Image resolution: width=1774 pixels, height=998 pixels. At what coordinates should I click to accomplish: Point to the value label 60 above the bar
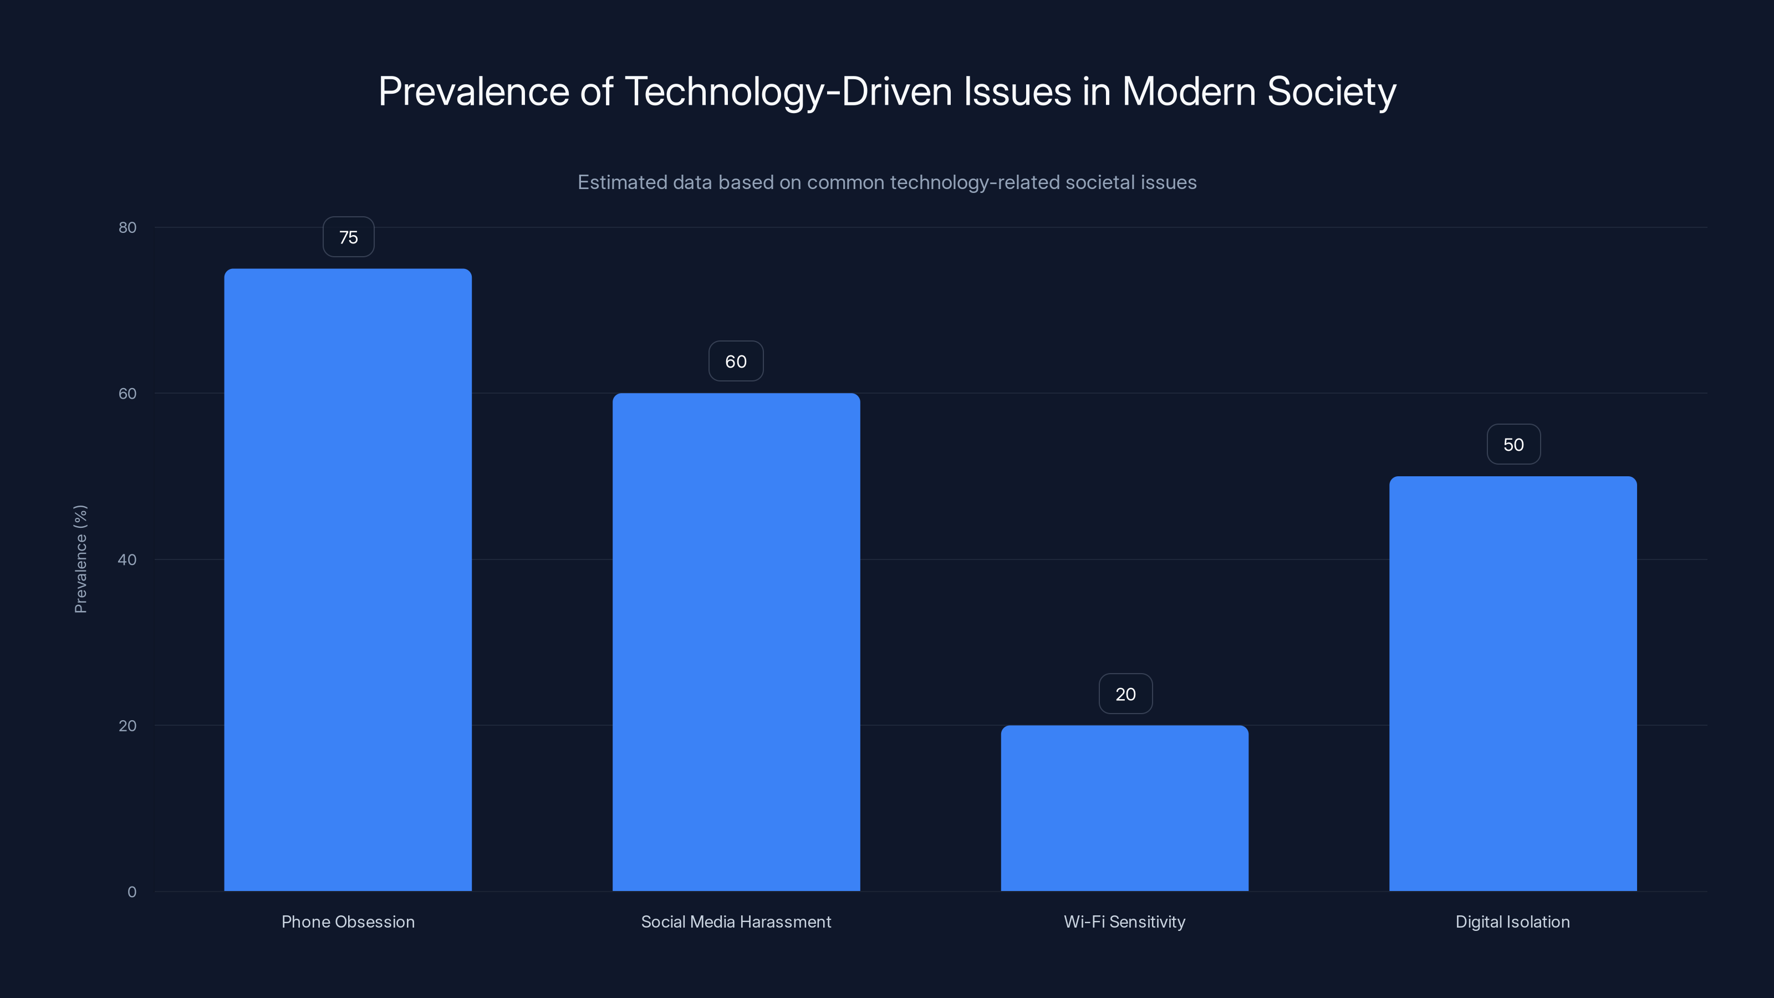736,361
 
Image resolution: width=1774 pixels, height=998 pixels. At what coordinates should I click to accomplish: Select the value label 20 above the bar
1125,694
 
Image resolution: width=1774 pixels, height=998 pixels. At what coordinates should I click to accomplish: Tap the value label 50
1513,445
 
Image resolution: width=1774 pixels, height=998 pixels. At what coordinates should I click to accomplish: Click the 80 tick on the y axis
128,228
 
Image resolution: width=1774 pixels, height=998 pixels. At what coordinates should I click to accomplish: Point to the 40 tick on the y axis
128,559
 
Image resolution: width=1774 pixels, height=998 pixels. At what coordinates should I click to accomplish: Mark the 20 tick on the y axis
128,726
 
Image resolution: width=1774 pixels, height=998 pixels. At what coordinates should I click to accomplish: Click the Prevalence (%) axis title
80,558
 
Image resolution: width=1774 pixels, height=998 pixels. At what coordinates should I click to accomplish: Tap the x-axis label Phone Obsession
348,921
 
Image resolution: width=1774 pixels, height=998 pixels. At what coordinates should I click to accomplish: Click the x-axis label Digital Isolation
1512,921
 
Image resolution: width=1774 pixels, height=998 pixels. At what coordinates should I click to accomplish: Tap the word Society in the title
1331,91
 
